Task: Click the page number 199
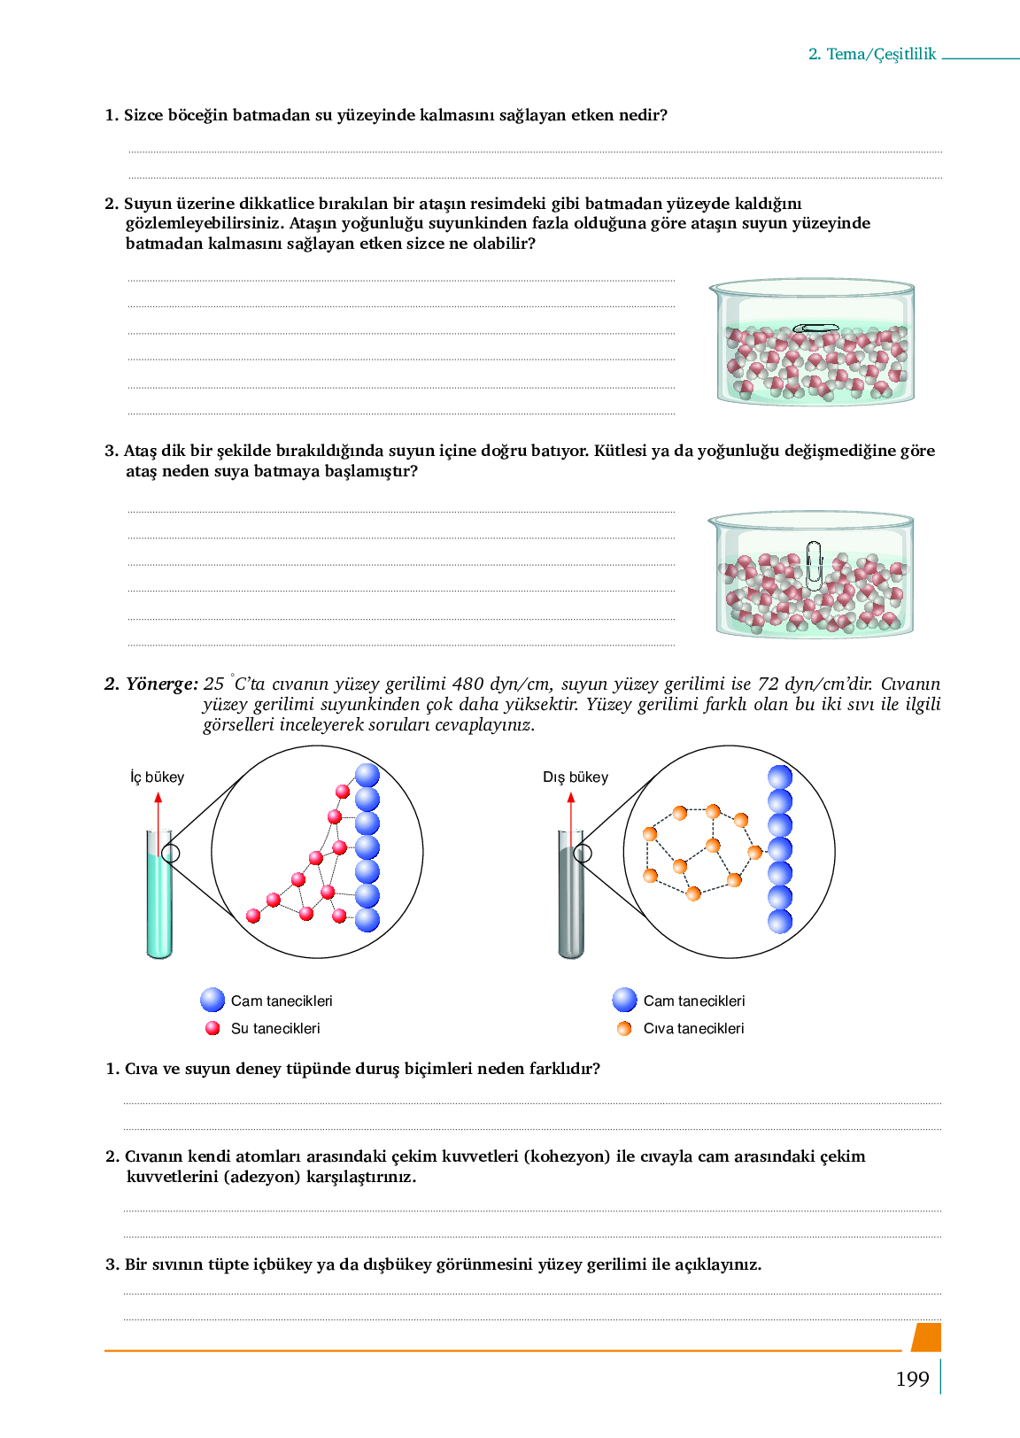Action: click(x=912, y=1379)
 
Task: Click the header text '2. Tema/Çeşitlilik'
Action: click(x=871, y=54)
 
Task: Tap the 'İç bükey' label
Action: click(x=157, y=777)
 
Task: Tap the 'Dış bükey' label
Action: click(x=576, y=777)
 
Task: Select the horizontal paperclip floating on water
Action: click(x=815, y=329)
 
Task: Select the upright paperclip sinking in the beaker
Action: click(x=814, y=565)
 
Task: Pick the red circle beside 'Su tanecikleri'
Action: click(x=212, y=1028)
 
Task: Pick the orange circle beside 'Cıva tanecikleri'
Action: click(x=624, y=1028)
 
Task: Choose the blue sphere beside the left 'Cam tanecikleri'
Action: click(x=212, y=1000)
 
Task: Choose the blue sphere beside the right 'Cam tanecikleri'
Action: click(x=624, y=1000)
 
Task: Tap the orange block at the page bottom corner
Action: click(x=926, y=1337)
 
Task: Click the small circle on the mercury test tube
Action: click(x=583, y=854)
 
